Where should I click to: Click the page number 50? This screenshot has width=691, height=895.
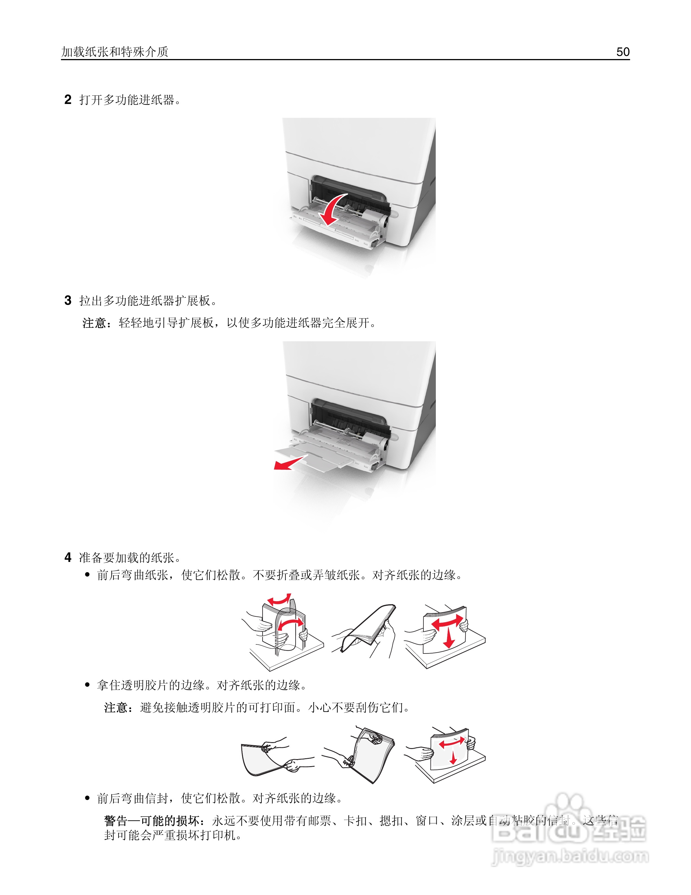[623, 52]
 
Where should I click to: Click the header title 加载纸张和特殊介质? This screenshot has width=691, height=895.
[115, 52]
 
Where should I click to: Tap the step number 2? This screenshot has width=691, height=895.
[68, 99]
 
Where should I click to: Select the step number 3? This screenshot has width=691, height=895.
[68, 300]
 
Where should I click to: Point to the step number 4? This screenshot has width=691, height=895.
[68, 557]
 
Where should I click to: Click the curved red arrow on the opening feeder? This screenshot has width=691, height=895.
[333, 209]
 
